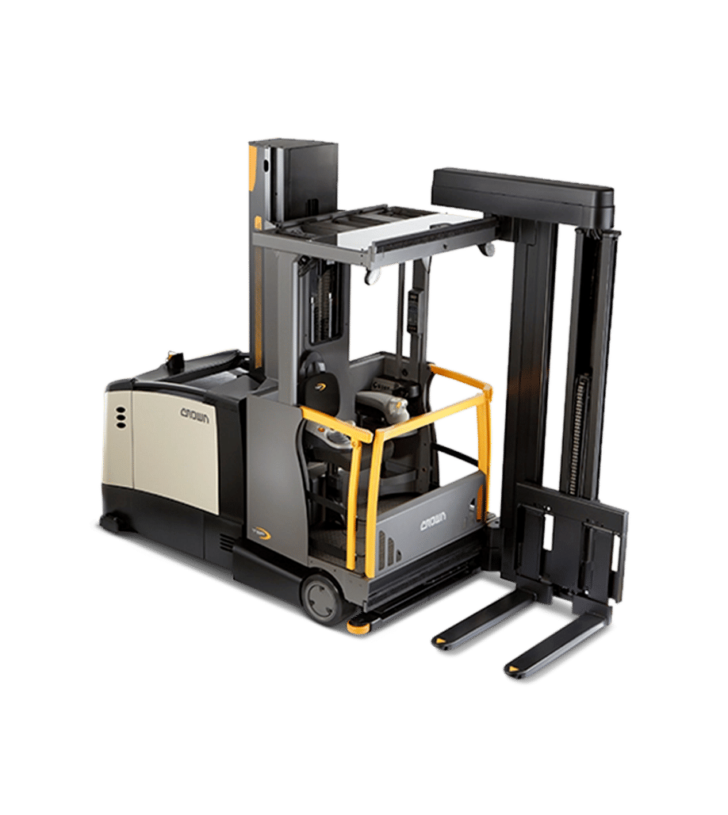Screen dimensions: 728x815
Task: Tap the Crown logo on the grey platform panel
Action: tap(435, 525)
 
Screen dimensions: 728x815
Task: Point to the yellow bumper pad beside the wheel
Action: tap(359, 624)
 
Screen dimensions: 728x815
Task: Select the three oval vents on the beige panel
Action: tap(121, 417)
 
